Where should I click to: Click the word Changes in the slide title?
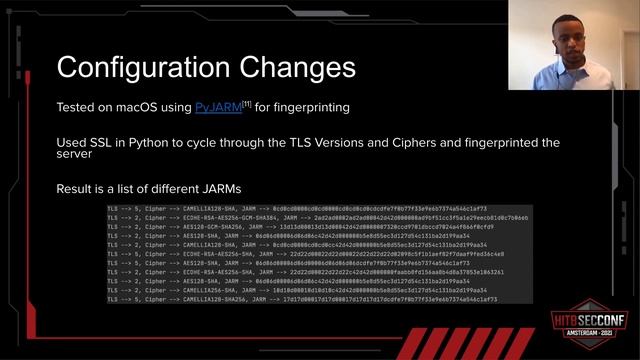[x=301, y=67]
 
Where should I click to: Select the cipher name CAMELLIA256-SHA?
[x=207, y=290]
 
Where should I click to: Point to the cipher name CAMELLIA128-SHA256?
[x=213, y=299]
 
